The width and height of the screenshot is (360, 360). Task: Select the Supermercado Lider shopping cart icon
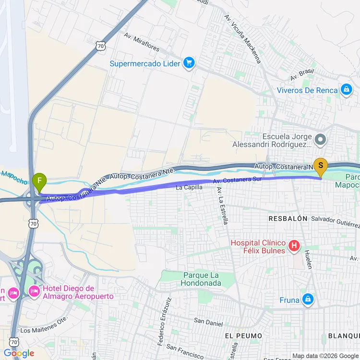point(189,63)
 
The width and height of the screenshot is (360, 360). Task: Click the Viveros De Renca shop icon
point(346,90)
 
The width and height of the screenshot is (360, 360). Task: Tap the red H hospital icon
point(295,247)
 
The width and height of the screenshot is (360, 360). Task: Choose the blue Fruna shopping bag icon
point(308,300)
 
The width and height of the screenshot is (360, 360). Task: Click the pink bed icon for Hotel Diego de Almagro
point(34,291)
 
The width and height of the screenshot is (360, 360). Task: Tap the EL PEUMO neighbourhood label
point(243,336)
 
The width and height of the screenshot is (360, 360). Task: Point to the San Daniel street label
point(208,322)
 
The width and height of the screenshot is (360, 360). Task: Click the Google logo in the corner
point(19,353)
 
